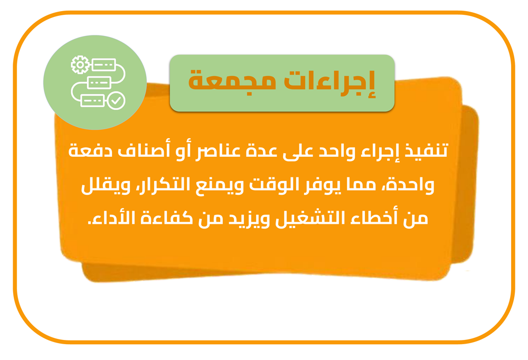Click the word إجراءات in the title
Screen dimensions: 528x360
coord(329,82)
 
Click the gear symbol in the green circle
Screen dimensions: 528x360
coord(80,64)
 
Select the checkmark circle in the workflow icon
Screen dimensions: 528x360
coord(116,100)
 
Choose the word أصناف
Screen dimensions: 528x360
coord(139,150)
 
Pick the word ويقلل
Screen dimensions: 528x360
coord(106,186)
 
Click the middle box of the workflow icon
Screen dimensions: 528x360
coord(99,82)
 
